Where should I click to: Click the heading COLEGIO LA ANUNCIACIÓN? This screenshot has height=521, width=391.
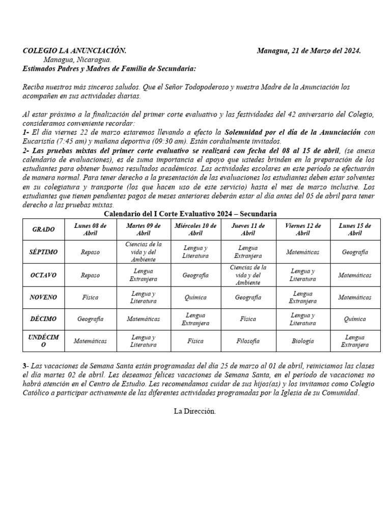[x=75, y=51]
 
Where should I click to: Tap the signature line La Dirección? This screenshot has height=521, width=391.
[x=195, y=411]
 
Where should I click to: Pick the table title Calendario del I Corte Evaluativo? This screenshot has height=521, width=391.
[x=190, y=214]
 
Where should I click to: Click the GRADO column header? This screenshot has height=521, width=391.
[x=43, y=229]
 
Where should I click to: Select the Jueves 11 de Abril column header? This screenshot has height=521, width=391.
[x=248, y=229]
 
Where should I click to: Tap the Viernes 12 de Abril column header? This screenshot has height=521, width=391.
[x=302, y=229]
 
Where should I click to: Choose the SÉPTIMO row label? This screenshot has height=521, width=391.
[x=43, y=252]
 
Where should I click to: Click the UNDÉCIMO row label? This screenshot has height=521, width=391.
[x=43, y=341]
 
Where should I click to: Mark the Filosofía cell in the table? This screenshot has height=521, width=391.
[x=248, y=341]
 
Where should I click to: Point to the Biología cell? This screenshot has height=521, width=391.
[x=302, y=341]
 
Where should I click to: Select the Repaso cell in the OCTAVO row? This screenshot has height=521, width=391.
[x=90, y=275]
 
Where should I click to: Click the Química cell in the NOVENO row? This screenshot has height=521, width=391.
[x=195, y=297]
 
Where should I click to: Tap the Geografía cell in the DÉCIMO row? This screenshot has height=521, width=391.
[x=90, y=319]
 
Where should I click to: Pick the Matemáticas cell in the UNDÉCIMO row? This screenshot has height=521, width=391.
[x=90, y=341]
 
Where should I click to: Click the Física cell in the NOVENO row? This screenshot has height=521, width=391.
[x=90, y=297]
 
